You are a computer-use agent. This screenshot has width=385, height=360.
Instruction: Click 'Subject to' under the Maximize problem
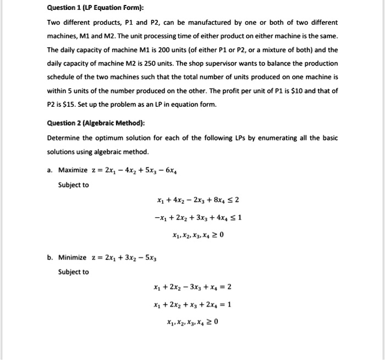pyautogui.click(x=73, y=185)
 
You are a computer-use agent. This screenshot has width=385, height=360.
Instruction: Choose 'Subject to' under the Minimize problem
pyautogui.click(x=73, y=272)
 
